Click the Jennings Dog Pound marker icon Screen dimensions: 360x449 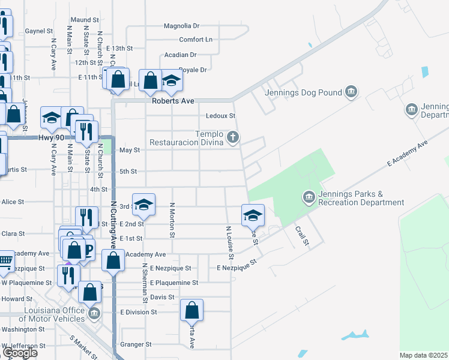[x=351, y=92]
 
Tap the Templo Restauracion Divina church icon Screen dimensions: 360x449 [x=232, y=139]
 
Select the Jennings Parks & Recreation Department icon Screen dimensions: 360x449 [x=309, y=197]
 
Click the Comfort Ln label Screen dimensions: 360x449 [x=196, y=40]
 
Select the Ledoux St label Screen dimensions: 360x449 [x=220, y=116]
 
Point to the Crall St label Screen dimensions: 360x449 [x=301, y=235]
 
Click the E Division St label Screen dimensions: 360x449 [x=138, y=312]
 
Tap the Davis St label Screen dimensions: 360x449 [x=162, y=297]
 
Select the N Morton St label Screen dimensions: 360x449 [x=172, y=220]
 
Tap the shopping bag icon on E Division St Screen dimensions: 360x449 [x=192, y=310]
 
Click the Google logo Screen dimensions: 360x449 [x=20, y=353]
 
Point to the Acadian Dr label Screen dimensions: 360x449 [x=181, y=55]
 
